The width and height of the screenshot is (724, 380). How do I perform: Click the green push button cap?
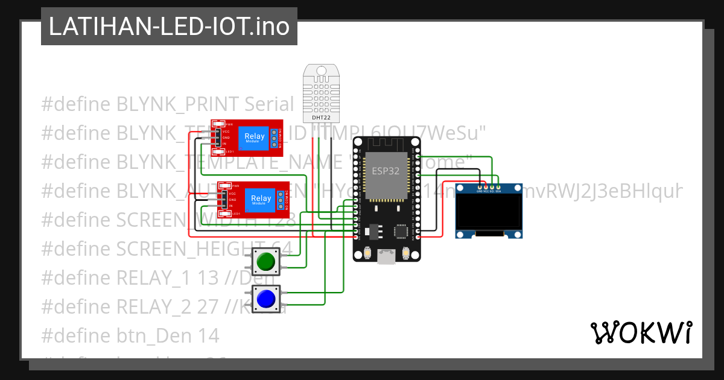pos(265,261)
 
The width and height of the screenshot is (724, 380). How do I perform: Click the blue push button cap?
pos(265,298)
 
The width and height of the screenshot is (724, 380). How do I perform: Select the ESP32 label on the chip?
pos(385,171)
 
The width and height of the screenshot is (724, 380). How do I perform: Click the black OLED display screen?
pos(489,212)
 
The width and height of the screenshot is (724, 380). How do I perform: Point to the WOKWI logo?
pos(641,332)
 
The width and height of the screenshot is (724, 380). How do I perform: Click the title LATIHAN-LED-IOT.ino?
pos(169,27)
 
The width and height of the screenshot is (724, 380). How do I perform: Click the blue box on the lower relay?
pos(261,200)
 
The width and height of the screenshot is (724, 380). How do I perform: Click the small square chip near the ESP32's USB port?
pos(401,230)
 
